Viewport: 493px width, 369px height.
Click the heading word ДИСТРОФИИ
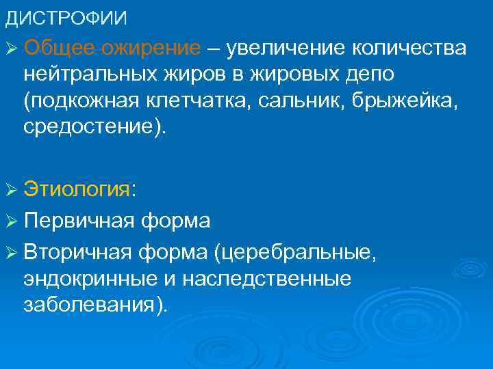tap(66, 18)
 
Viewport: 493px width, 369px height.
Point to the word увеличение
tap(288, 49)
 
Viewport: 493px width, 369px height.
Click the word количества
tap(409, 49)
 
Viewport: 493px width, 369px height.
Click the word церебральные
tap(294, 254)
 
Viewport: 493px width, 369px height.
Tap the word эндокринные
tap(93, 279)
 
